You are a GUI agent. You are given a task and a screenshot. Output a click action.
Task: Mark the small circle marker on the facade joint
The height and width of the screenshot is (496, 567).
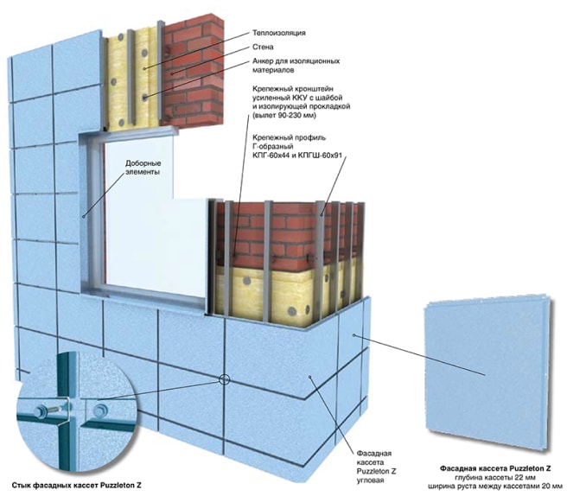tap(224, 380)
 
